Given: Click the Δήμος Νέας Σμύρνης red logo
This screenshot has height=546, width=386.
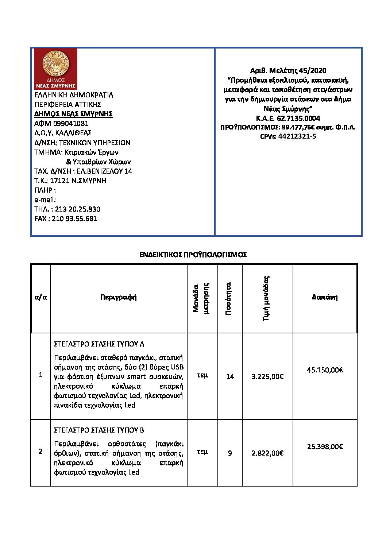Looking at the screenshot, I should click(55, 69).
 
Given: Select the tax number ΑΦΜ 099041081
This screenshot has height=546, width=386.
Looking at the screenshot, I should click(61, 123).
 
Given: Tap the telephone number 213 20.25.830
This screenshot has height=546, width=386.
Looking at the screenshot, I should click(77, 209).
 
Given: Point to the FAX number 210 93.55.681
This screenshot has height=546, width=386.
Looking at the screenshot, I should click(74, 218).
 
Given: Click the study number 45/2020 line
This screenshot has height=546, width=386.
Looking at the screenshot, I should click(288, 70).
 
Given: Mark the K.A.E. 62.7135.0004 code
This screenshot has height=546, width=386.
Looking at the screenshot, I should click(288, 118).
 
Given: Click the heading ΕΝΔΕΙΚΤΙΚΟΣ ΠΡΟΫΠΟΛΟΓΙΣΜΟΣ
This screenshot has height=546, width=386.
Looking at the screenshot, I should click(193, 255).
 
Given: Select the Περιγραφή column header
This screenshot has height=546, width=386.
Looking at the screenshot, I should click(118, 297).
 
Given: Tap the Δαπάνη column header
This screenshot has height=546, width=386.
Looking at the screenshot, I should click(325, 297).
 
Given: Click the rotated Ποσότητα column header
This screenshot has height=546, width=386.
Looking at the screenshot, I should click(229, 298).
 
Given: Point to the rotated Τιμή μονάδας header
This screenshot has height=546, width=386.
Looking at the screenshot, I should click(266, 298).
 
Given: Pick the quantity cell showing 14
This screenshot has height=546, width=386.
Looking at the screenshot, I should click(230, 376).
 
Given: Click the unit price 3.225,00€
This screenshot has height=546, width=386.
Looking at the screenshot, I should click(267, 376).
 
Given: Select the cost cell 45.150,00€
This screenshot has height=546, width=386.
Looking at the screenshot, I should click(325, 370).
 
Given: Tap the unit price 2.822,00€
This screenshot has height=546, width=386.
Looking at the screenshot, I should click(267, 453).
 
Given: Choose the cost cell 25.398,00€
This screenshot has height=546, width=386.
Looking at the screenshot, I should click(325, 446).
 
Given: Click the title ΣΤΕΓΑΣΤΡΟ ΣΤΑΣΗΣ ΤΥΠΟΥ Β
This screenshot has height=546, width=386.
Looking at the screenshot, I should click(99, 430).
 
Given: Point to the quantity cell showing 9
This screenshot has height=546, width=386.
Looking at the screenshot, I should click(230, 453).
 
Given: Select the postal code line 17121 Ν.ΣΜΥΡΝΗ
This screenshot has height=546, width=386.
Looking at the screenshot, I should click(70, 181).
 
